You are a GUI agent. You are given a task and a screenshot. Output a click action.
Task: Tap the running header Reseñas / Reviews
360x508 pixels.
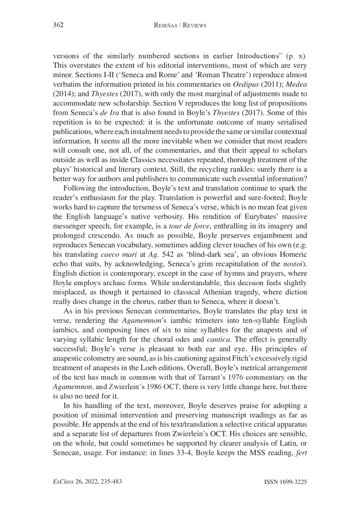pos(180,25)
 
